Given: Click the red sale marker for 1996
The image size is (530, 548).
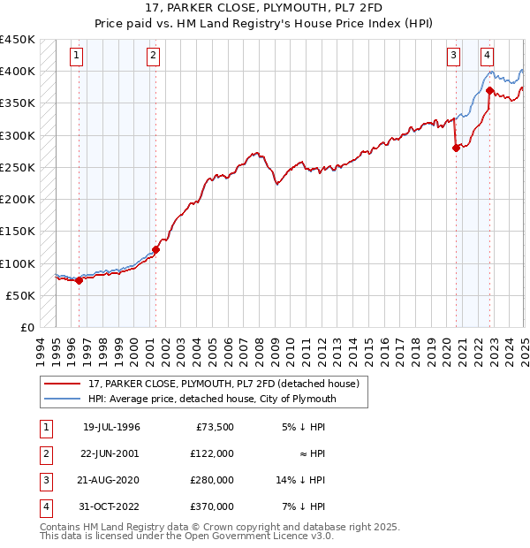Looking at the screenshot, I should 79,281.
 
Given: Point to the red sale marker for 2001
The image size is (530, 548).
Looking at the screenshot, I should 155,249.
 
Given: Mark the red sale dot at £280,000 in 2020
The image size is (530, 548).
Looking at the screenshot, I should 456,148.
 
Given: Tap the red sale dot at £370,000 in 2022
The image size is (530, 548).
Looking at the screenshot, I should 489,90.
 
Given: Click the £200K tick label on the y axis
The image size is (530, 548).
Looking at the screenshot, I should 19,200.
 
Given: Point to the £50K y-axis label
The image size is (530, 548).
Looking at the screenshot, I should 22,295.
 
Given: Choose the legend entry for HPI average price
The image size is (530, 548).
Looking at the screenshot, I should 210,400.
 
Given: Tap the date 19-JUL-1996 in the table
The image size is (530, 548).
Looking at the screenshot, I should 111,427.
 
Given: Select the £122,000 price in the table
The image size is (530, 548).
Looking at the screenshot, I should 212,453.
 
